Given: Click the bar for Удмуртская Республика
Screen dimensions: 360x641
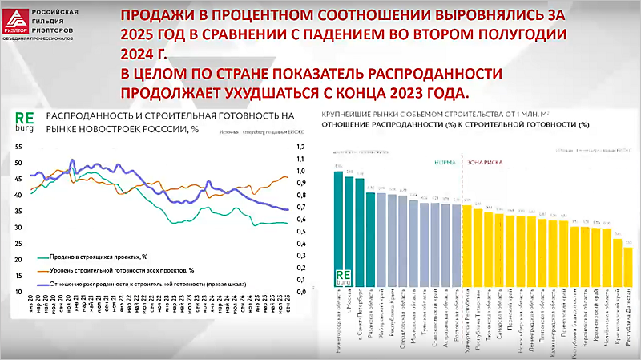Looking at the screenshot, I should click(467, 246).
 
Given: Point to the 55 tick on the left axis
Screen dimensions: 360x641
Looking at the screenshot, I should click(20, 146).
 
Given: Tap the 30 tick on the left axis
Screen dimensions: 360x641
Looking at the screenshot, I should click(20, 229).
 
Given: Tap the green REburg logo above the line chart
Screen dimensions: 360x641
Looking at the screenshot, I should click(26, 120).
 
